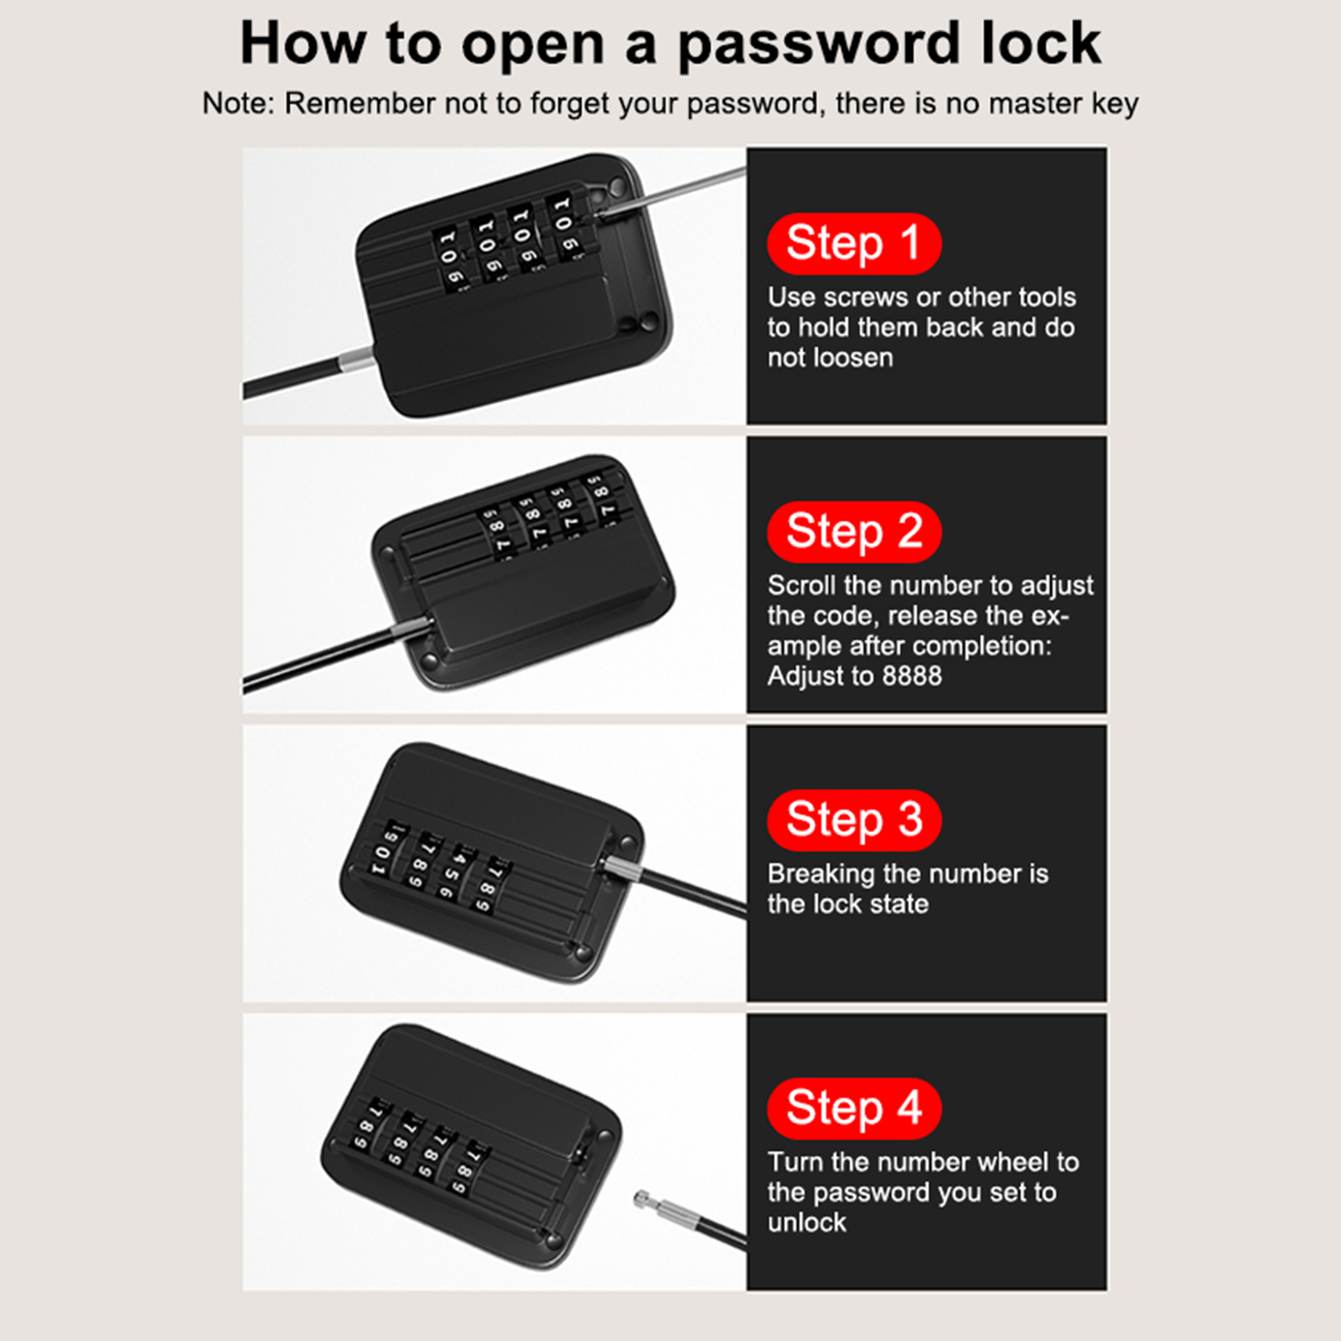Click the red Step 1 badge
(854, 243)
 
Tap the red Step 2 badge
(854, 531)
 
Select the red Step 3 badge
(854, 820)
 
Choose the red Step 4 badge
(854, 1108)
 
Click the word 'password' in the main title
(818, 46)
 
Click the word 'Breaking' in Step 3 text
(821, 875)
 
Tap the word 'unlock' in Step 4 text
(806, 1222)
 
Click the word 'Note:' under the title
(238, 103)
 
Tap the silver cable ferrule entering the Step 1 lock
(355, 361)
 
